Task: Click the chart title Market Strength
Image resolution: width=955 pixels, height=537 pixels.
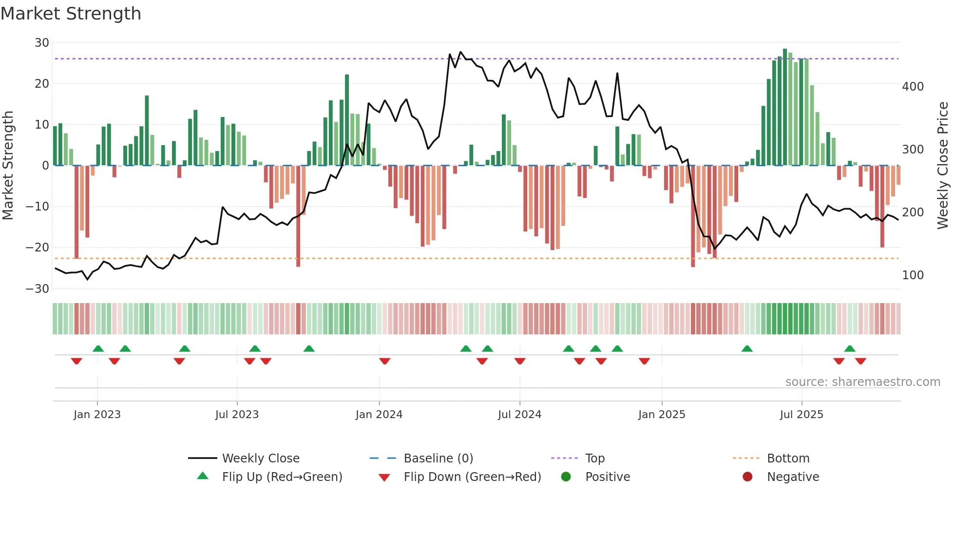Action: pyautogui.click(x=71, y=14)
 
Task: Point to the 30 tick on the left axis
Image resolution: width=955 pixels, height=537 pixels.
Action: pyautogui.click(x=42, y=43)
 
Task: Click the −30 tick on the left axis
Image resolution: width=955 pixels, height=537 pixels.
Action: pyautogui.click(x=38, y=289)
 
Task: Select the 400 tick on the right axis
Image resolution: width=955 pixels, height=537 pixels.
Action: pyautogui.click(x=913, y=87)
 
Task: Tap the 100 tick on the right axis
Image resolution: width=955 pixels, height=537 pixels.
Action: pyautogui.click(x=913, y=275)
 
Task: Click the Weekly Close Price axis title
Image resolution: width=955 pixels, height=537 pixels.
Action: pyautogui.click(x=943, y=165)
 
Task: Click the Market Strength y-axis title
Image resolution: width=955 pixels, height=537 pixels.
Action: pyautogui.click(x=8, y=165)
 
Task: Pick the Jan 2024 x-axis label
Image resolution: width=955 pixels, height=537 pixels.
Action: pyautogui.click(x=379, y=415)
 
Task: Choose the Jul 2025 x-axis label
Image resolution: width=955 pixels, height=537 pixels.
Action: pyautogui.click(x=801, y=415)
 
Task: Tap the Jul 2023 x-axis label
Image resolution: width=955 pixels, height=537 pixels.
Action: pyautogui.click(x=237, y=415)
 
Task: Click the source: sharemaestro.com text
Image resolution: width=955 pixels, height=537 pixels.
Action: pyautogui.click(x=862, y=382)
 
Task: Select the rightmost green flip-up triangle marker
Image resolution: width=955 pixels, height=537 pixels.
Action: pyautogui.click(x=850, y=349)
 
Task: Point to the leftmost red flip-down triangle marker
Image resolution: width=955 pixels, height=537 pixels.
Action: pyautogui.click(x=76, y=361)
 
